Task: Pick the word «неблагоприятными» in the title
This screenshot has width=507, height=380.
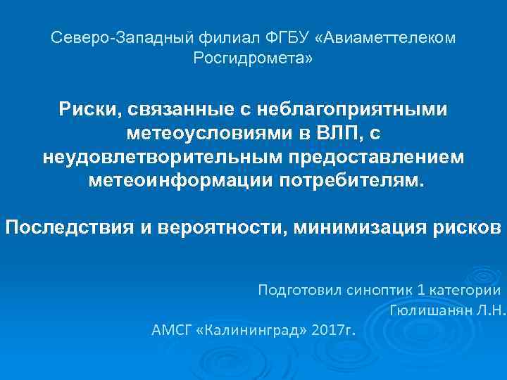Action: [x=357, y=110]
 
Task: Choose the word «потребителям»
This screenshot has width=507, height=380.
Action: [x=352, y=179]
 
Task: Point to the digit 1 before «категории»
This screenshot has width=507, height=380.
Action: [x=422, y=289]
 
